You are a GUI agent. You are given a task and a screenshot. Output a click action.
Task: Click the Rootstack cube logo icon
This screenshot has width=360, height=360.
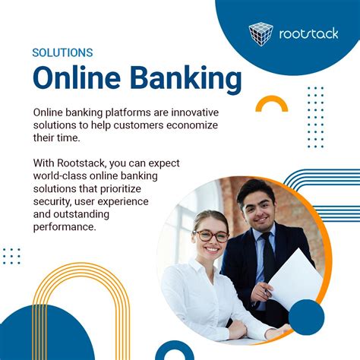262,33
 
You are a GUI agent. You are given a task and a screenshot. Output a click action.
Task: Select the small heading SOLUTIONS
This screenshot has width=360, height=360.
62,53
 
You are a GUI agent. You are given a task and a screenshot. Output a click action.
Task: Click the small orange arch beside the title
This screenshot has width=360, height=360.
271,104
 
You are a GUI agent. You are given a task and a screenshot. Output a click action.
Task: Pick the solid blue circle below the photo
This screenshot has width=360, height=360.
306,317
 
